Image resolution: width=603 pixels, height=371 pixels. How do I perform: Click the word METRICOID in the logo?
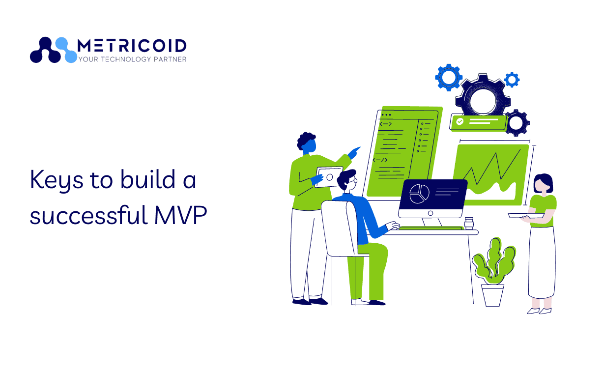click(x=132, y=46)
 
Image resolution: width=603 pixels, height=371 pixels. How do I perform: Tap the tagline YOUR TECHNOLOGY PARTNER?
click(x=133, y=59)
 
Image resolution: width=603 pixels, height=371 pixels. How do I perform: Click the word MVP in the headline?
click(x=181, y=215)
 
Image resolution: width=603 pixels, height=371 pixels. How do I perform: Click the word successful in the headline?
click(x=89, y=215)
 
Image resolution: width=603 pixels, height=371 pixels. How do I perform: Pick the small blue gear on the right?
click(x=512, y=80)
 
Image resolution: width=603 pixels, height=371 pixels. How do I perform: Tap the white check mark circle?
click(x=460, y=121)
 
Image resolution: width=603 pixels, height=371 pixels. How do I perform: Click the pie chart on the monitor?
click(x=419, y=194)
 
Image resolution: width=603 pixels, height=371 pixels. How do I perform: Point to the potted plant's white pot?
click(x=492, y=295)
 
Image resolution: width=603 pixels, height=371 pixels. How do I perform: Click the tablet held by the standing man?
click(x=329, y=177)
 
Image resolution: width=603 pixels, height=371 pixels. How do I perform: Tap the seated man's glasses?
click(x=353, y=181)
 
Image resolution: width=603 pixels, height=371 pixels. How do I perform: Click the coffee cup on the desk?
click(x=469, y=223)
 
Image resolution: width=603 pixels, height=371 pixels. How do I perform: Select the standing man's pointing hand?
click(x=354, y=153)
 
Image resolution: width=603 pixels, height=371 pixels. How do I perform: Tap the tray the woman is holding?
click(x=526, y=216)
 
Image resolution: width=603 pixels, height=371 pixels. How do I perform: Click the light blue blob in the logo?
click(x=66, y=50)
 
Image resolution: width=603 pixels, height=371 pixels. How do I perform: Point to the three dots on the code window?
click(x=386, y=114)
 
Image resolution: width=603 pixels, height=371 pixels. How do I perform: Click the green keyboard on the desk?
click(x=430, y=228)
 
